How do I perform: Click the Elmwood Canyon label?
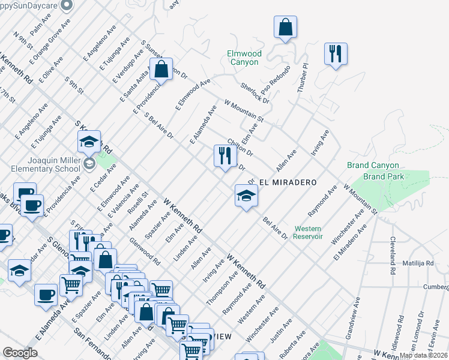(x=243, y=58)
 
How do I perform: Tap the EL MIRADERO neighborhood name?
(x=287, y=181)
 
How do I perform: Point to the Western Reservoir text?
(x=309, y=232)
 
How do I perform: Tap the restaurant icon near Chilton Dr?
(x=225, y=156)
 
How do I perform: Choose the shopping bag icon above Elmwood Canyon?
(x=286, y=27)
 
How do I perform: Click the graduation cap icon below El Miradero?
(x=246, y=195)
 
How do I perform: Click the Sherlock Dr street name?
(x=255, y=93)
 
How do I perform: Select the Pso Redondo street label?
(x=276, y=83)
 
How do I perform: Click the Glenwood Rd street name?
(x=145, y=251)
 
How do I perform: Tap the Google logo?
(x=20, y=352)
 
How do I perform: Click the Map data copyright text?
(x=423, y=355)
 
